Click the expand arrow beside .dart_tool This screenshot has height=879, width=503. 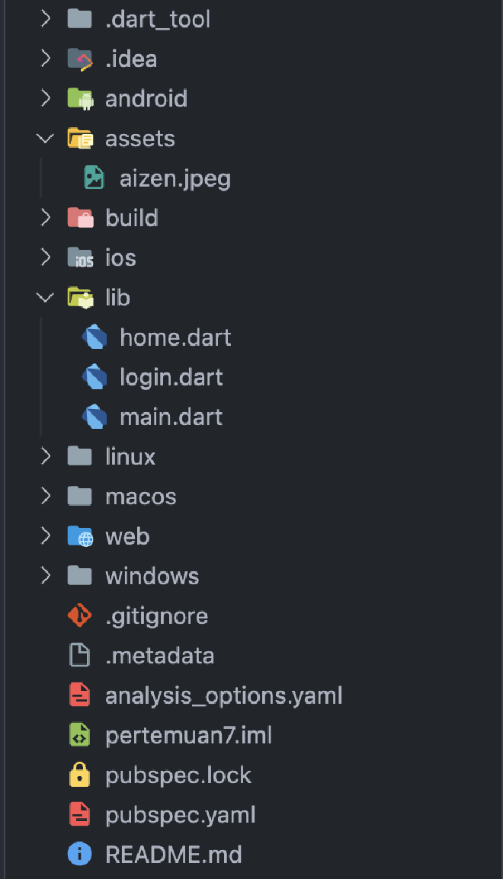coord(46,19)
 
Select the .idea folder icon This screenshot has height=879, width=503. coord(80,59)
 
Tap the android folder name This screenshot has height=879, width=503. coord(146,98)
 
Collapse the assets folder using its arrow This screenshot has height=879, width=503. coord(46,139)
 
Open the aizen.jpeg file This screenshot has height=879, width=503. coord(175,178)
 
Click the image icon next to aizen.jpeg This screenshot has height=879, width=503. coord(94,178)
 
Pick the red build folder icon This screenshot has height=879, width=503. coord(80,218)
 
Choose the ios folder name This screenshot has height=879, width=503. coord(120,257)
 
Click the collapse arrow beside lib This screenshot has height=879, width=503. coord(46,298)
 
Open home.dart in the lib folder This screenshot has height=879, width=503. coord(175,337)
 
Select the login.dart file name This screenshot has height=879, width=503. coord(171,377)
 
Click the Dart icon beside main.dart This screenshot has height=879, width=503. coord(94,417)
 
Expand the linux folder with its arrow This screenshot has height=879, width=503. coord(46,456)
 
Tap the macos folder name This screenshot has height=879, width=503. coord(140,497)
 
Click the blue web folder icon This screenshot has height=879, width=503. coord(80,536)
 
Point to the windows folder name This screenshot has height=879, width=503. coord(152,576)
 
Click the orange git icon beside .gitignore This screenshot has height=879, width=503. coord(80,615)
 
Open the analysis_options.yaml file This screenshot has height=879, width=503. coord(223,695)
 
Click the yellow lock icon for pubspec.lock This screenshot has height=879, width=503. coord(80,775)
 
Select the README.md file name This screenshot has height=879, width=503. coord(173,855)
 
